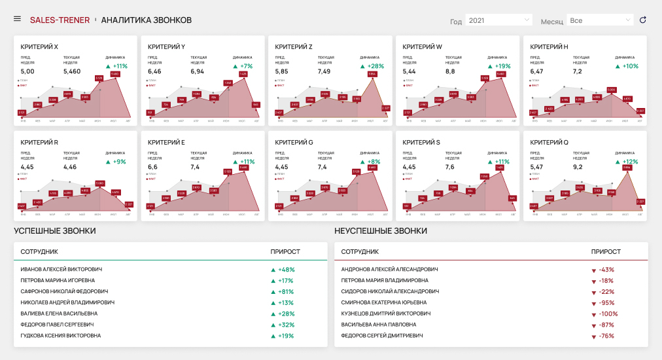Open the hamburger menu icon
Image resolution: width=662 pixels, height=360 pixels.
pyautogui.click(x=17, y=18)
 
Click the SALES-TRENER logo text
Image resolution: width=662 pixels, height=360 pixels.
pyautogui.click(x=60, y=20)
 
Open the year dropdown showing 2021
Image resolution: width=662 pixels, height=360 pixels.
pyautogui.click(x=498, y=20)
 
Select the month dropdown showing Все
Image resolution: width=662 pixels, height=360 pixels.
pyautogui.click(x=600, y=20)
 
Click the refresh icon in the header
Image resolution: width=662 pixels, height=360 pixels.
pyautogui.click(x=643, y=20)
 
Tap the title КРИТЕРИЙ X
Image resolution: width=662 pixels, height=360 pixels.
pyautogui.click(x=39, y=46)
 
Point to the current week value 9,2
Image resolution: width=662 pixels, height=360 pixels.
pyautogui.click(x=580, y=167)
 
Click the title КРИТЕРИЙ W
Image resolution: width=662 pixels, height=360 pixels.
pyautogui.click(x=422, y=46)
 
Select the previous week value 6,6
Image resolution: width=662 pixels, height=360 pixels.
pyautogui.click(x=154, y=167)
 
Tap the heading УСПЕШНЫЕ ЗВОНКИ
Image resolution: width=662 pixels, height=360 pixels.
pyautogui.click(x=55, y=231)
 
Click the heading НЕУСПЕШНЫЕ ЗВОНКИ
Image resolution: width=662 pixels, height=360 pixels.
pyautogui.click(x=381, y=231)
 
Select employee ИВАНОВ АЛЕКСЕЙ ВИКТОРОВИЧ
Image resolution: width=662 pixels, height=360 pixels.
pyautogui.click(x=61, y=269)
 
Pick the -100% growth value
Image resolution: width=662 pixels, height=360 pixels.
pyautogui.click(x=605, y=314)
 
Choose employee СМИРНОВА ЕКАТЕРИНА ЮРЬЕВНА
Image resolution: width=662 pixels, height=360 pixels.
pyautogui.click(x=384, y=302)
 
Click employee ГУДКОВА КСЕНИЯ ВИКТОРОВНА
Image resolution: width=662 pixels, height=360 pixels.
pyautogui.click(x=61, y=336)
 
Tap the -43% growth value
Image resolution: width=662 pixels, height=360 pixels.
pyautogui.click(x=606, y=270)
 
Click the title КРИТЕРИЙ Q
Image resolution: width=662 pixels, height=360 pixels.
pyautogui.click(x=549, y=142)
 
